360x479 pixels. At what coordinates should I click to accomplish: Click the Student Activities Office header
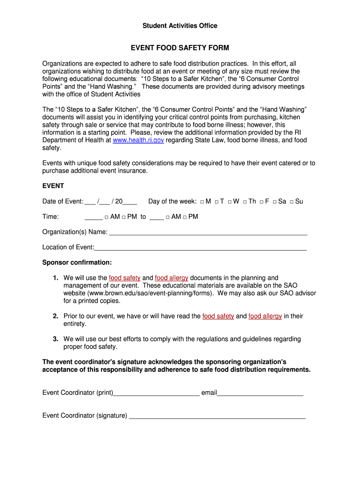click(x=180, y=26)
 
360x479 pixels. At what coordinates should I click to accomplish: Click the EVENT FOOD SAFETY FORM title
click(x=180, y=48)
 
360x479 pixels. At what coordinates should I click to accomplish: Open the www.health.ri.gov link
click(x=138, y=140)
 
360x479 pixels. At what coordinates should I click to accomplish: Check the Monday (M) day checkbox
click(x=202, y=202)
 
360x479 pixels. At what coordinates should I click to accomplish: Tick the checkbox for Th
click(x=245, y=202)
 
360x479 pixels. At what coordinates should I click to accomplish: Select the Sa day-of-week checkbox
click(x=274, y=202)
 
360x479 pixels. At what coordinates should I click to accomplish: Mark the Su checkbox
click(x=291, y=202)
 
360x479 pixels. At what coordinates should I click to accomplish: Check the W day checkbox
click(x=230, y=202)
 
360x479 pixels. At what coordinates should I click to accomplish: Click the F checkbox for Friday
click(x=262, y=202)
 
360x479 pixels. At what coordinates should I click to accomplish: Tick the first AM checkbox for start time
click(x=107, y=217)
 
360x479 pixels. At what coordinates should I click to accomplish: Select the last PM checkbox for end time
click(x=185, y=217)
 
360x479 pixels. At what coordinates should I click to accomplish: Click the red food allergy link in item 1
click(x=172, y=278)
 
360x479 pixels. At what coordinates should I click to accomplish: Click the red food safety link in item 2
click(x=218, y=316)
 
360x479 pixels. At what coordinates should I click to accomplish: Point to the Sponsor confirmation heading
click(x=77, y=262)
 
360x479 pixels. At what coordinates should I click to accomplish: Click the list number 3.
click(x=55, y=339)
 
